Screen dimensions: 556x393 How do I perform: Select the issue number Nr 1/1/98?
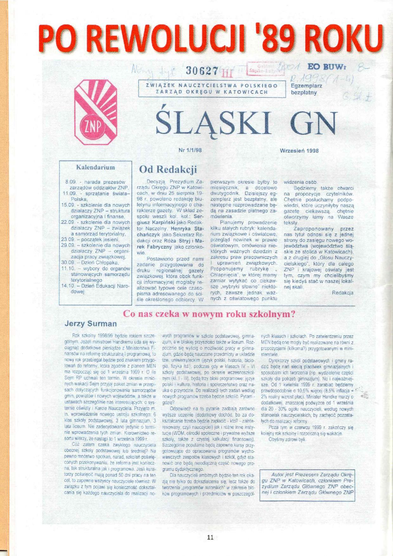coord(190,150)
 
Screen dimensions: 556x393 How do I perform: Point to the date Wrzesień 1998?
coord(299,151)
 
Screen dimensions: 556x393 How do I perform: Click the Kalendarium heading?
coord(95,167)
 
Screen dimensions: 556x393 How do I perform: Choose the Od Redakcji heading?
coord(168,170)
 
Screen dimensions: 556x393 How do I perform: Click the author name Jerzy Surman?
coord(91,324)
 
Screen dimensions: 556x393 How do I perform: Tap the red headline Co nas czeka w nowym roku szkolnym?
coord(209,314)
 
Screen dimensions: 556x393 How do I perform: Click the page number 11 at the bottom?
coord(210,537)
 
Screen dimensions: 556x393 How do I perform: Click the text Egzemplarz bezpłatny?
coord(304,89)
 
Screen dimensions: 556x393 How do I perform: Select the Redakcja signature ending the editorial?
coord(342,293)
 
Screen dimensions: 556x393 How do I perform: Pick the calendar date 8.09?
coord(70,182)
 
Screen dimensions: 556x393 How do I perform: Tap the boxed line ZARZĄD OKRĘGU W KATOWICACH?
coord(211,92)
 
